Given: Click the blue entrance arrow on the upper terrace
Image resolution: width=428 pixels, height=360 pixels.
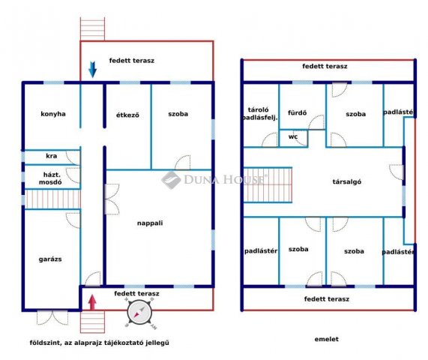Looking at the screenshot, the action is (x=92, y=70).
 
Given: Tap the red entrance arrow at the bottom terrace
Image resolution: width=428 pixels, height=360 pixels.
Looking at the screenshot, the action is (x=93, y=302).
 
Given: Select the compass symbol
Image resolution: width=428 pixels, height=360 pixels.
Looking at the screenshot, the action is (x=139, y=313).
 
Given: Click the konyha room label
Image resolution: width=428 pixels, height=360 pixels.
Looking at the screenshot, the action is (x=53, y=114).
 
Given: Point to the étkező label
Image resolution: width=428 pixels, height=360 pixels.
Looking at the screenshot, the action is (x=127, y=115).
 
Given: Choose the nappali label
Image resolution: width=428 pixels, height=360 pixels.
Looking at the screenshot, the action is (x=150, y=223).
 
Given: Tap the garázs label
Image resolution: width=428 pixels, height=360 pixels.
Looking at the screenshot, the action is (x=50, y=259).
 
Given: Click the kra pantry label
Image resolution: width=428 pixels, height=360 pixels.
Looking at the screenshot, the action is (x=51, y=156).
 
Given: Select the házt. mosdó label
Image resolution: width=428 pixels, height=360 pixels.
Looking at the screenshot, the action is (x=50, y=178).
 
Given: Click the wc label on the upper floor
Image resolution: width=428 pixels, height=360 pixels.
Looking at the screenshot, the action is (x=293, y=136).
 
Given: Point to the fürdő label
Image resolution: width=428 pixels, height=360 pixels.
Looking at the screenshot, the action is (x=297, y=112).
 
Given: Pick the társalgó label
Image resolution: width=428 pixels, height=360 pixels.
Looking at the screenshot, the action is (x=346, y=181).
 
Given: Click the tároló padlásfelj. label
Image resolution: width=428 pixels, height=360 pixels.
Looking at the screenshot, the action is (x=259, y=114).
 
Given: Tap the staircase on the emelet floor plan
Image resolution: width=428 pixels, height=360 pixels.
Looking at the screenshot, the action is (x=268, y=185).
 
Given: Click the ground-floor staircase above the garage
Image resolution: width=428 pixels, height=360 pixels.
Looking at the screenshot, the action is (x=52, y=199).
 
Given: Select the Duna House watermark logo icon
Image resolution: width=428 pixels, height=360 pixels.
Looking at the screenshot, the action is (x=171, y=180).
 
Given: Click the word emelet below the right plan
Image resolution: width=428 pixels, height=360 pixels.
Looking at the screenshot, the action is (x=327, y=339).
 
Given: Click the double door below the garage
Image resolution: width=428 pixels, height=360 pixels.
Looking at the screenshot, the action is (x=52, y=318).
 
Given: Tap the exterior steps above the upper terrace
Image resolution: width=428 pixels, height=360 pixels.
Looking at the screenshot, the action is (x=92, y=29).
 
